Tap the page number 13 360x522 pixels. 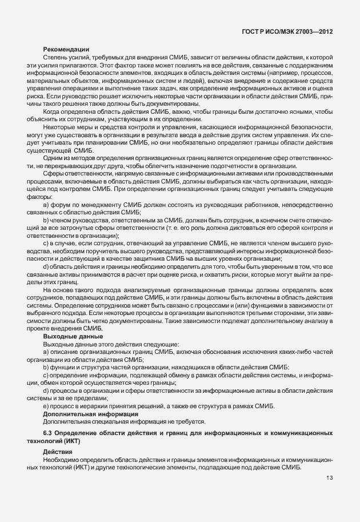(x=330, y=479)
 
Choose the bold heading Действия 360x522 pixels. (x=58, y=451)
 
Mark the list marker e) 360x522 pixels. (x=46, y=405)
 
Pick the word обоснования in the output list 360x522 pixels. (x=218, y=352)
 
